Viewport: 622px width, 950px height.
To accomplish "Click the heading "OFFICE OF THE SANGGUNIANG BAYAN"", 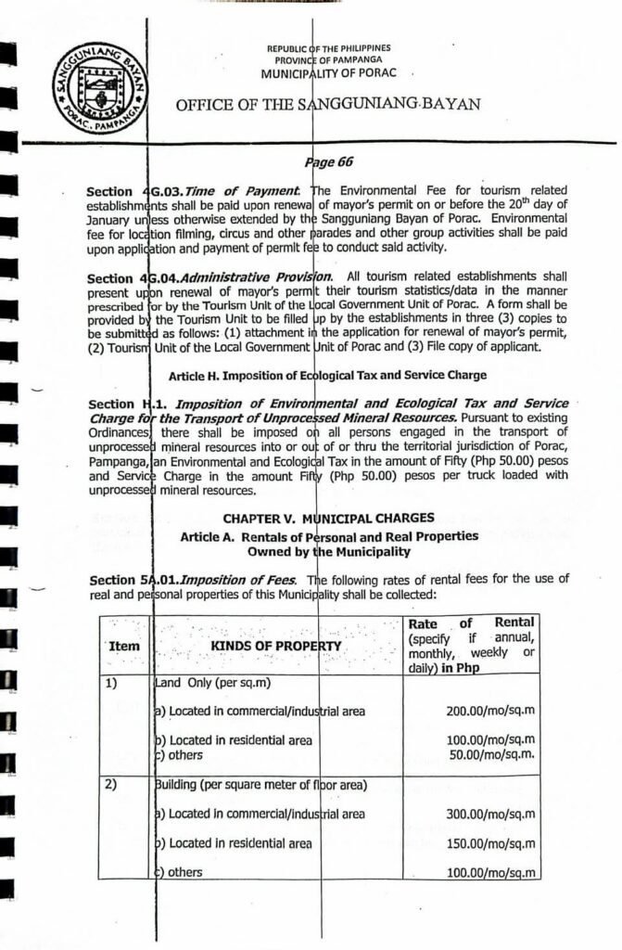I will click(328, 104).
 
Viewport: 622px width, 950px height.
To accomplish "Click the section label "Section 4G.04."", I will click(129, 278).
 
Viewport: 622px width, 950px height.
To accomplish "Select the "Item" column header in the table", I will click(122, 646).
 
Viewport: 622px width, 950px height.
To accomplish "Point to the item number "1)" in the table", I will click(110, 682).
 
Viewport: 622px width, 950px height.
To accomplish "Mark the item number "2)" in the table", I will click(110, 786).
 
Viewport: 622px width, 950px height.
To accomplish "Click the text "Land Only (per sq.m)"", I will click(214, 683).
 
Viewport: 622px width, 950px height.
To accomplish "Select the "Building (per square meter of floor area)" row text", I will click(260, 786).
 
